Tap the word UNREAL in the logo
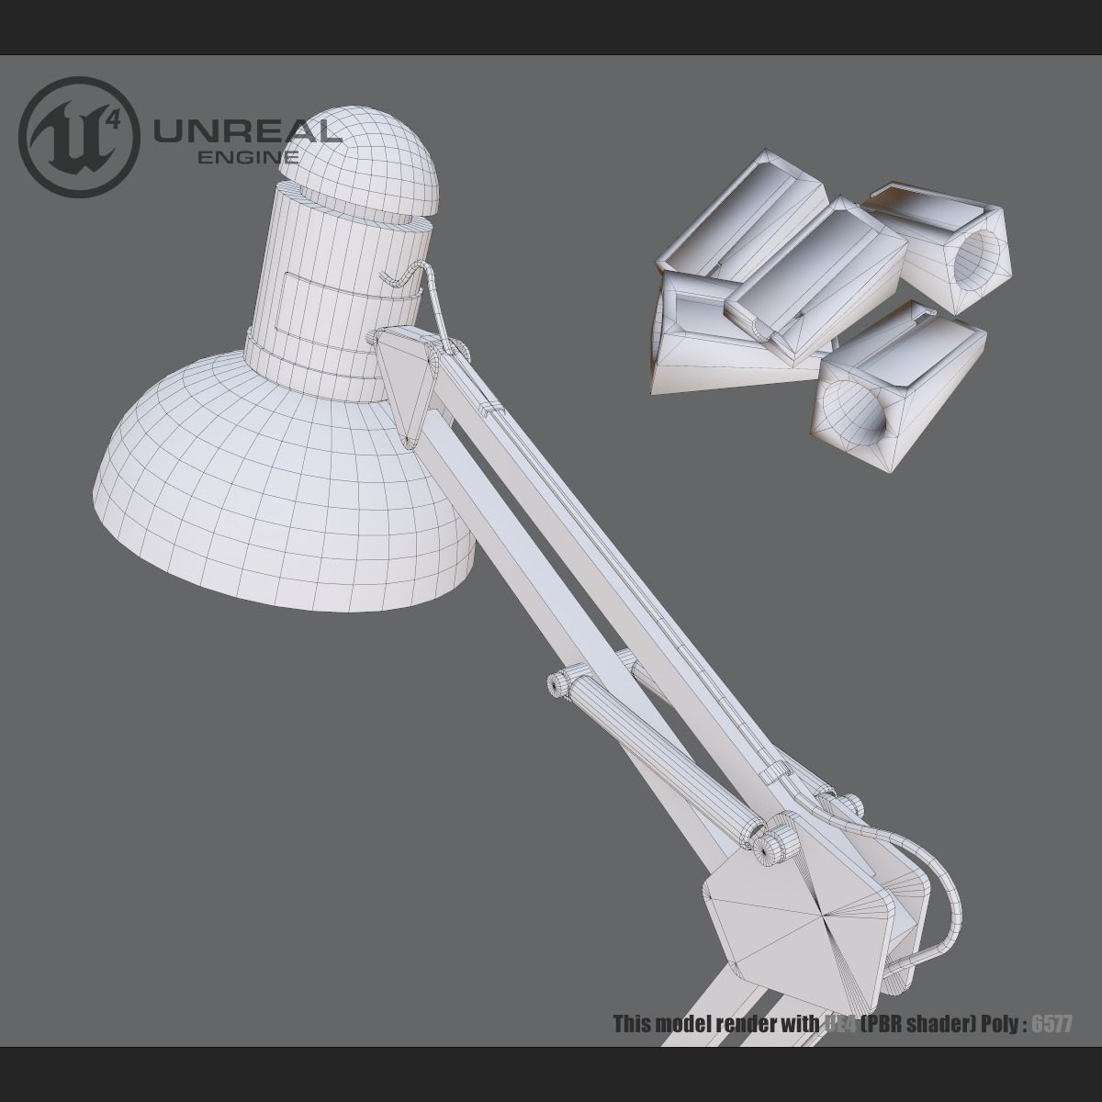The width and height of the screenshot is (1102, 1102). point(246,132)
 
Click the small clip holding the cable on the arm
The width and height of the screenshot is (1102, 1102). point(492,404)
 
